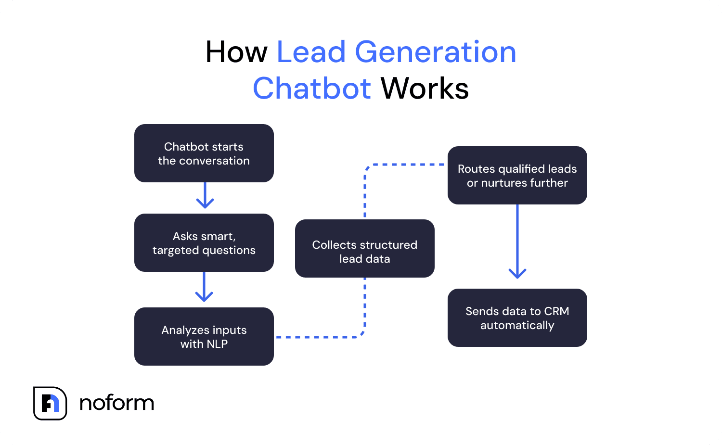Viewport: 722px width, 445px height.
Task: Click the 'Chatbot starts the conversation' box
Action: coord(204,153)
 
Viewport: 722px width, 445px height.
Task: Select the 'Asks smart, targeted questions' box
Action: coord(204,242)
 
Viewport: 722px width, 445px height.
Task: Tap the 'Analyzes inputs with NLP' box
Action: coord(204,336)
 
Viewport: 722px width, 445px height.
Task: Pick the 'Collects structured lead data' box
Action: coord(364,248)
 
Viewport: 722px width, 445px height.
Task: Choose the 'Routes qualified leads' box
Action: coord(517,175)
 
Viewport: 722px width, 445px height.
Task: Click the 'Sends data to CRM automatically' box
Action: coord(517,318)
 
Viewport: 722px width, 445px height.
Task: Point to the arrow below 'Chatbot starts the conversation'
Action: coord(205,196)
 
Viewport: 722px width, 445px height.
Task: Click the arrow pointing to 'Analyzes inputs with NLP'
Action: coord(204,288)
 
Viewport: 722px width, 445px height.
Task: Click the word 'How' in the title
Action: coord(236,52)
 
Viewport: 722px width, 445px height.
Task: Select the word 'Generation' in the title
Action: coord(435,52)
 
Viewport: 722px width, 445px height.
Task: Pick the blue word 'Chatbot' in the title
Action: coord(312,89)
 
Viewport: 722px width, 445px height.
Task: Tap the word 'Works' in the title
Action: coord(425,89)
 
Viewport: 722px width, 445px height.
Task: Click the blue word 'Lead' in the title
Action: coord(311,52)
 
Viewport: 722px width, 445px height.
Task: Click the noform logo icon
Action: coord(50,403)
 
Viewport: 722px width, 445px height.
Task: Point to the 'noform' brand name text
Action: coord(116,403)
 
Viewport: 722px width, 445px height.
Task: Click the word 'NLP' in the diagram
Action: coord(217,344)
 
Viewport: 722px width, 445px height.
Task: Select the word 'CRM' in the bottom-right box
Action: coord(556,311)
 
